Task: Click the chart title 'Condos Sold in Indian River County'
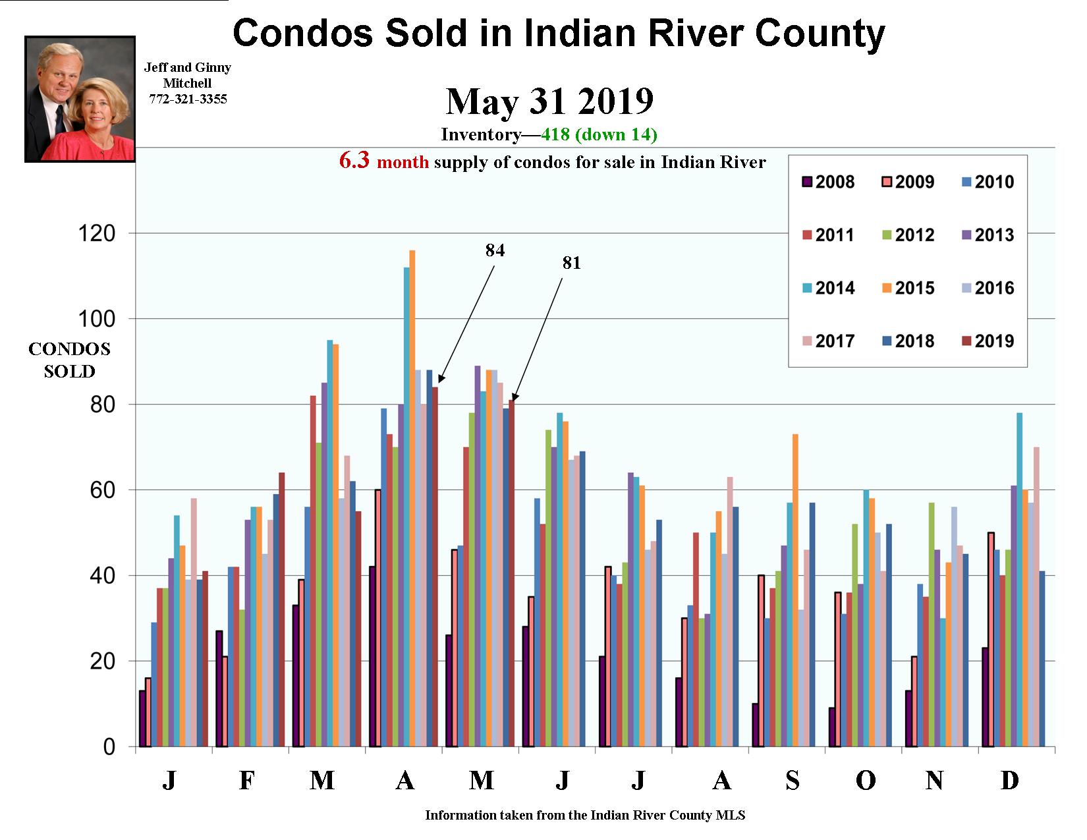coord(559,34)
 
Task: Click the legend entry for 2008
coord(827,182)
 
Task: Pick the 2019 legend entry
coord(987,341)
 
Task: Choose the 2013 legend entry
coord(987,235)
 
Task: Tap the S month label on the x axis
coord(793,781)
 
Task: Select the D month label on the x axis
coord(1009,781)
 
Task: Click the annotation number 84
coord(495,250)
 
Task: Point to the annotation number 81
coord(571,263)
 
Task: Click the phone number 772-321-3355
coord(188,99)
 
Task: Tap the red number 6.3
coord(354,161)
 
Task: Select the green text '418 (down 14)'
coord(599,135)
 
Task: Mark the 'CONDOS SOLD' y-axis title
coord(69,360)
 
